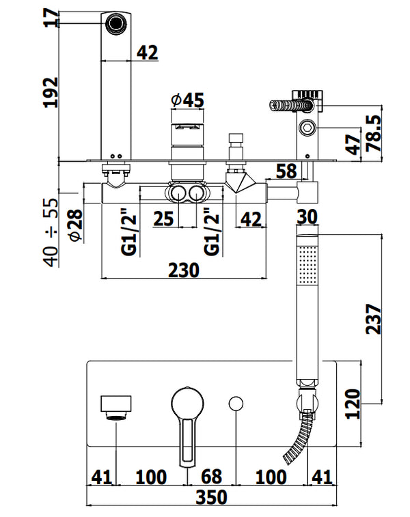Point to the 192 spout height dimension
point(50,92)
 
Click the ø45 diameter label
point(187,100)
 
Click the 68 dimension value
point(211,476)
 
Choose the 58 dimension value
point(285,171)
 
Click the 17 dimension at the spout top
point(50,18)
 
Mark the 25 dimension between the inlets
point(163,219)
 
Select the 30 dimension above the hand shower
point(308,216)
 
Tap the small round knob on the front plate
point(236,404)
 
